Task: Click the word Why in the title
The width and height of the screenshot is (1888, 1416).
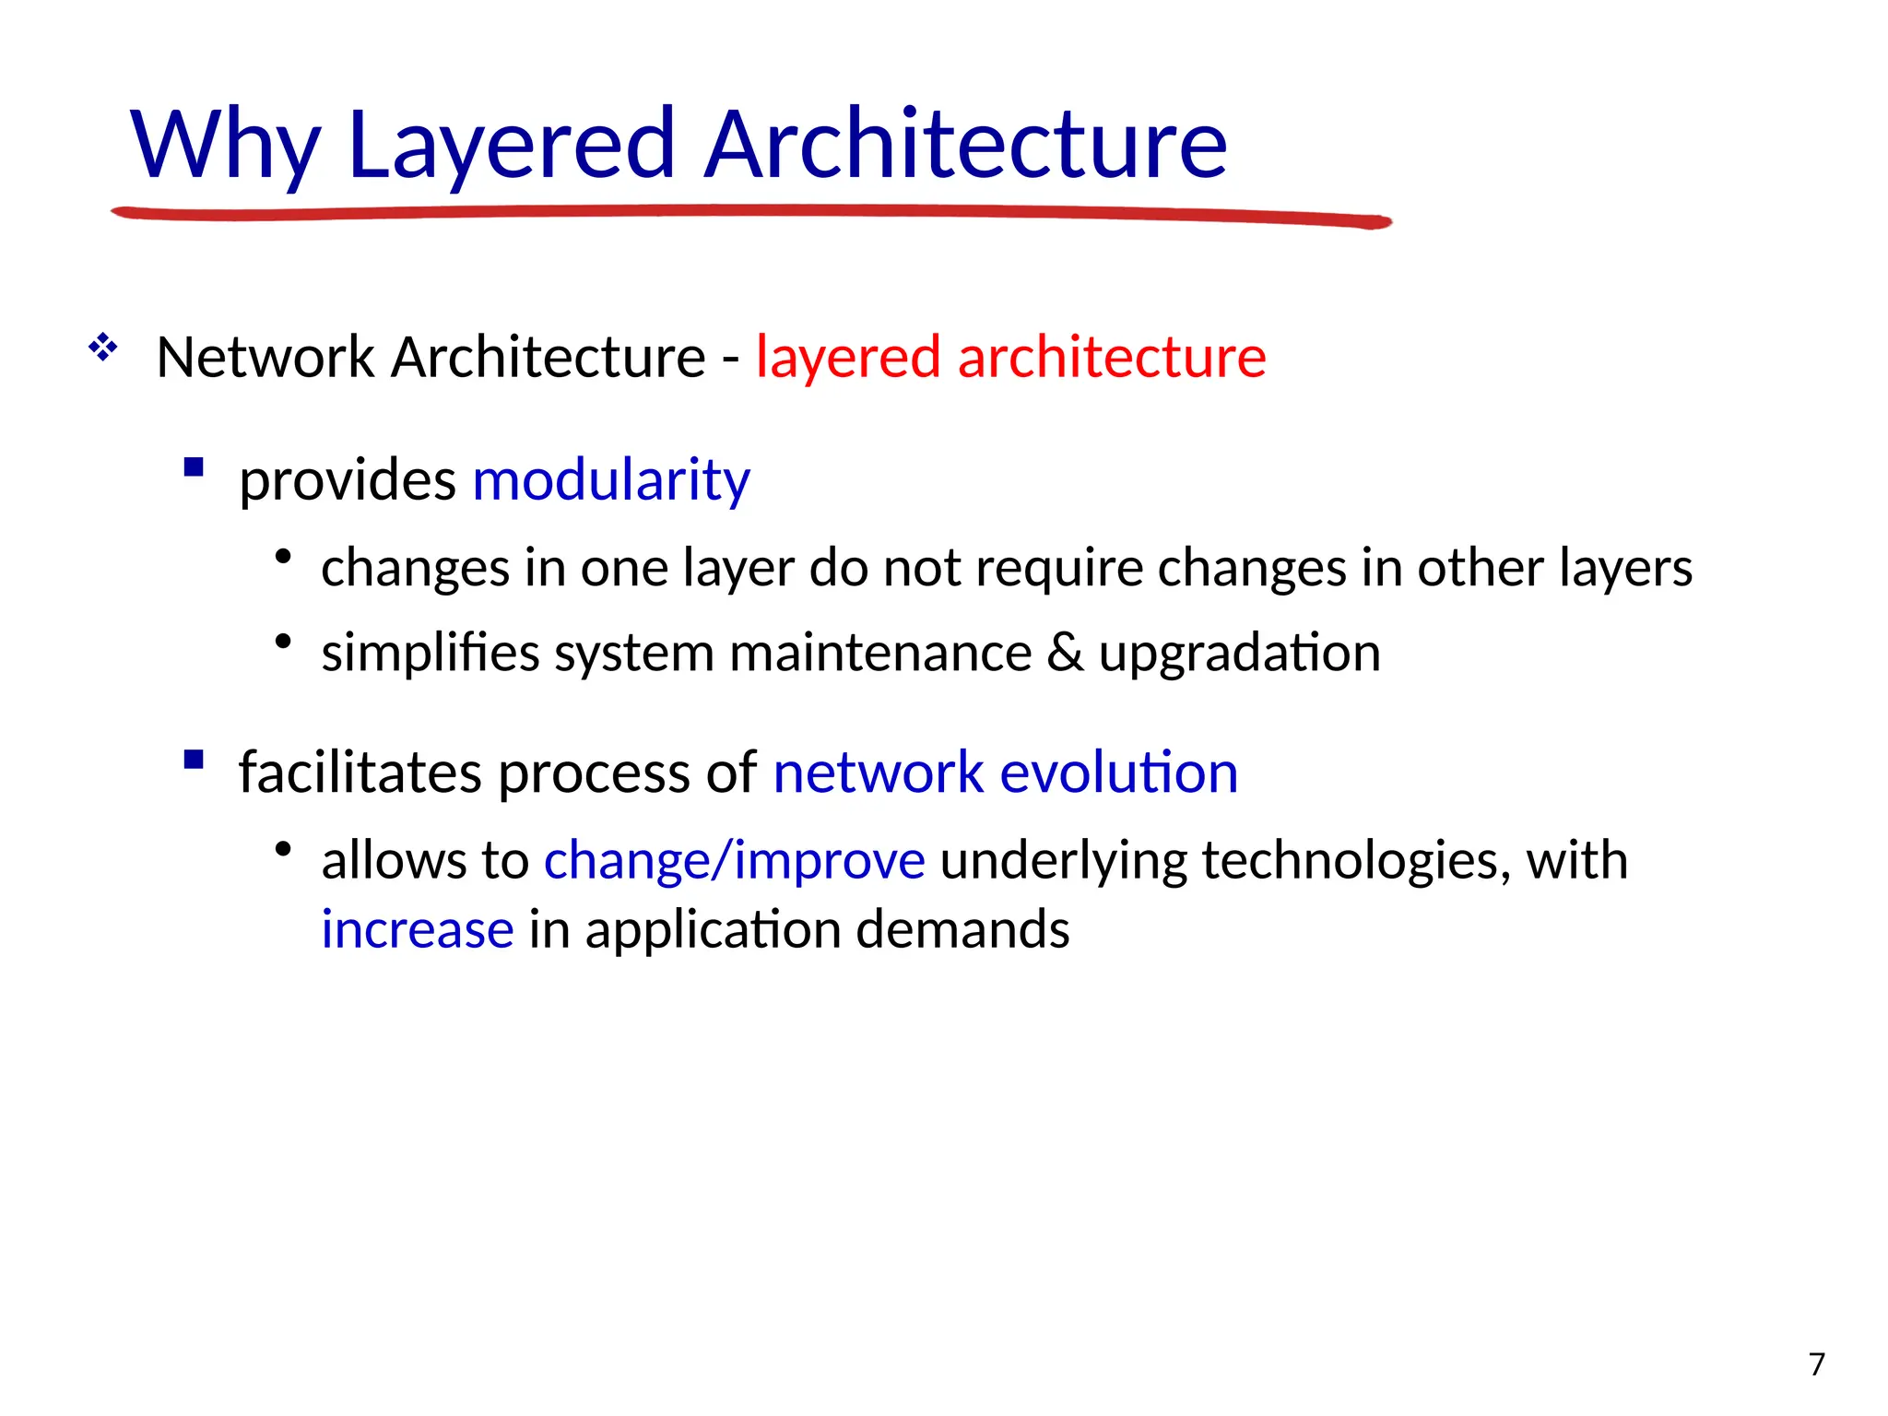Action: pos(225,146)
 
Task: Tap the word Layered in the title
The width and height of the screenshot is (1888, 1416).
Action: pos(512,146)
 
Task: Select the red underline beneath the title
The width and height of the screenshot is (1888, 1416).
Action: pos(750,215)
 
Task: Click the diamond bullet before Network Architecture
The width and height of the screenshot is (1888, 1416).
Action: pos(102,349)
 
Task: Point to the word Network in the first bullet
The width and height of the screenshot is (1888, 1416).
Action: pos(265,358)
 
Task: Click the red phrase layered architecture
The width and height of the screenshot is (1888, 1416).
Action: pos(1010,358)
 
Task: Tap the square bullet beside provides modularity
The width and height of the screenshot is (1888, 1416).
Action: pos(194,467)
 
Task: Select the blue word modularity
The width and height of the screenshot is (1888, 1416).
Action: pos(611,480)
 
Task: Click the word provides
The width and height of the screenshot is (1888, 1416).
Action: pos(348,480)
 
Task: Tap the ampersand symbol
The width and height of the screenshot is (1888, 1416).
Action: pos(1065,654)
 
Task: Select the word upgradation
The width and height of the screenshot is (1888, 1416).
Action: pos(1239,654)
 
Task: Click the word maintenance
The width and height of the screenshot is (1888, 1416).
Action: pos(880,654)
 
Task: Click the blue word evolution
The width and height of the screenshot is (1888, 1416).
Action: pos(1118,773)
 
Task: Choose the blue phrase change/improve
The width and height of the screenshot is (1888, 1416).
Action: pos(734,861)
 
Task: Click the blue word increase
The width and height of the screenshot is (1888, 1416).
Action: pos(417,929)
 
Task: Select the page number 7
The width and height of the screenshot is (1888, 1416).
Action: pos(1817,1364)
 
